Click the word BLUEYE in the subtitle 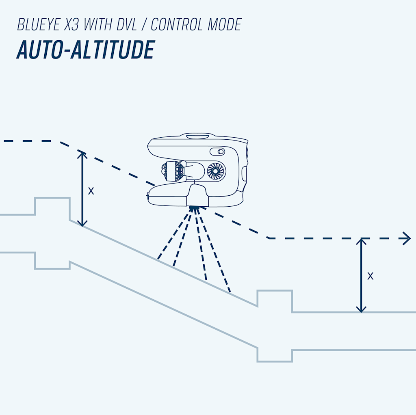pos(40,25)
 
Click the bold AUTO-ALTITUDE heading pos(85,50)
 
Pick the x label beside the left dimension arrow pos(91,191)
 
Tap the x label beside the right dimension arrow pos(370,276)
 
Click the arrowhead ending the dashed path pos(406,238)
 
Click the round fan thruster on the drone pos(215,171)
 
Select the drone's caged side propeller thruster pos(173,171)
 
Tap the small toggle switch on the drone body pos(218,152)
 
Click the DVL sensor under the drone pos(195,208)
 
